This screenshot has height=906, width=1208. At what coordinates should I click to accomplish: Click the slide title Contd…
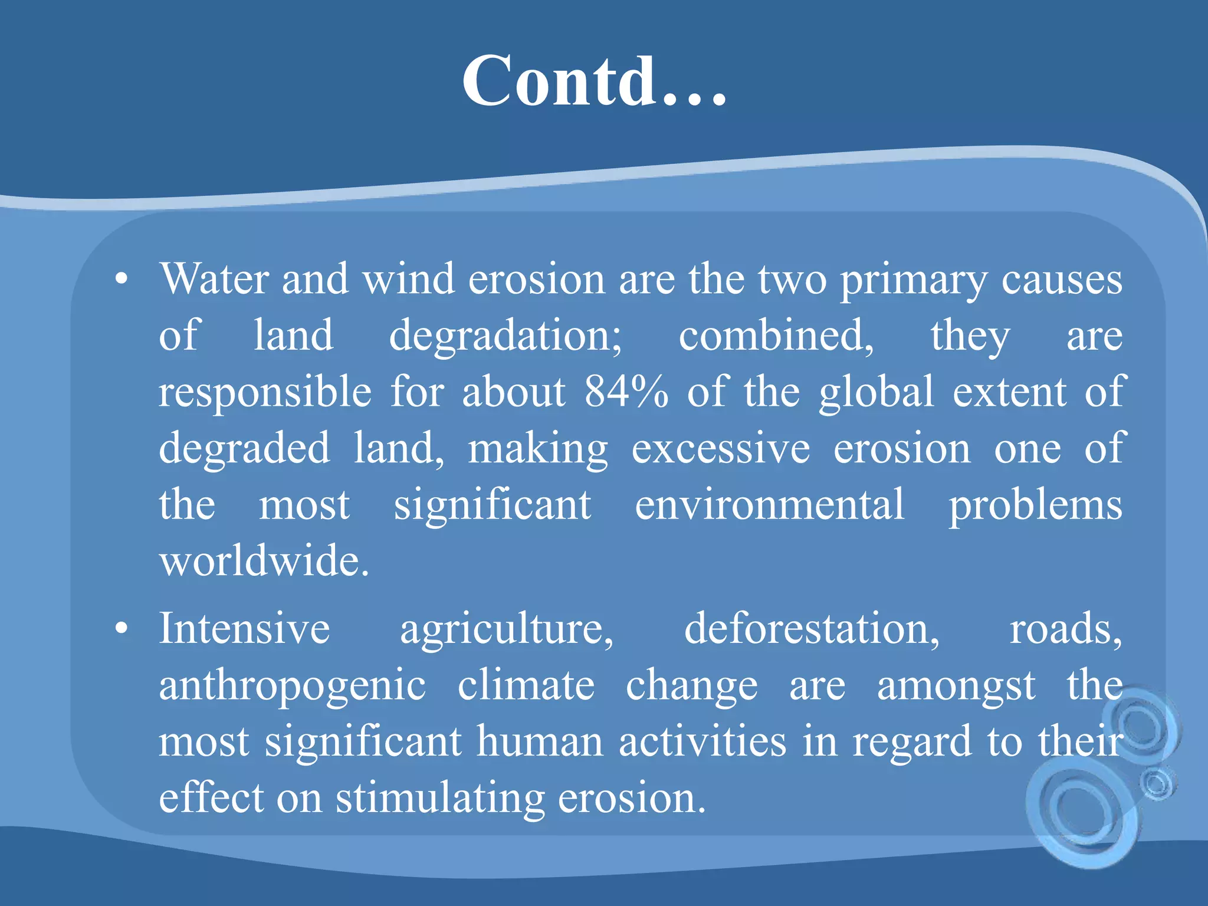click(593, 81)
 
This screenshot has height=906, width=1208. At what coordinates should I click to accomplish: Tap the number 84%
click(626, 392)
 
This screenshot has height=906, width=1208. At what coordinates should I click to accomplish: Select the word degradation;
click(505, 336)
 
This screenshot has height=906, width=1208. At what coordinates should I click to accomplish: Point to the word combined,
click(776, 336)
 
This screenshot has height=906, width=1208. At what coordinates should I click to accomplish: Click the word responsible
click(265, 392)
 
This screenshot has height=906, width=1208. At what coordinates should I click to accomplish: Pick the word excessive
click(721, 448)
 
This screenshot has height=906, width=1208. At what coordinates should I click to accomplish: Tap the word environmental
click(769, 505)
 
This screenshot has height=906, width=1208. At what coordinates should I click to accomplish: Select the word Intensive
click(244, 628)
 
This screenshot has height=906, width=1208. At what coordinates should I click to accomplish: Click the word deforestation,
click(812, 628)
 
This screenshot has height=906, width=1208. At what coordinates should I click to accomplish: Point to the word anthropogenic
click(292, 685)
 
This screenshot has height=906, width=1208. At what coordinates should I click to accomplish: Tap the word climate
click(526, 685)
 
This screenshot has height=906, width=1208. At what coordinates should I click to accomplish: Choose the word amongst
click(956, 685)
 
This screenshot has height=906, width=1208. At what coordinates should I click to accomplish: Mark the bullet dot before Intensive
click(122, 629)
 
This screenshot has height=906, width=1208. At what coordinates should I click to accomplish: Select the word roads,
click(1065, 628)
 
